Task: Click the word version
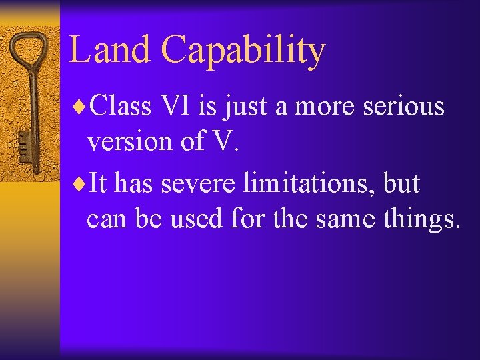pyautogui.click(x=124, y=141)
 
